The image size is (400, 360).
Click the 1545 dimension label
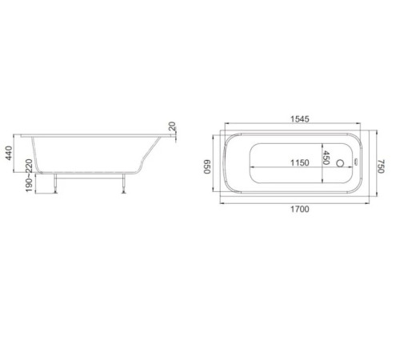pos(300,119)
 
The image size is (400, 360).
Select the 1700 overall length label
pos(300,209)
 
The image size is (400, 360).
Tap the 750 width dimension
pos(382,166)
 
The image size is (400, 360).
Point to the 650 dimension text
pos(207,166)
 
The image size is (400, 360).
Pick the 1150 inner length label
pos(300,162)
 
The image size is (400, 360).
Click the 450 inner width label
pos(326,158)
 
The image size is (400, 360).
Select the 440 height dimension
pos(9,153)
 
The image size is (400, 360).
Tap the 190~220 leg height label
pos(29,175)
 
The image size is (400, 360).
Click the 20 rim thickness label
pos(172,126)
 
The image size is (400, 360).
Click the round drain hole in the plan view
pos(340,163)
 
